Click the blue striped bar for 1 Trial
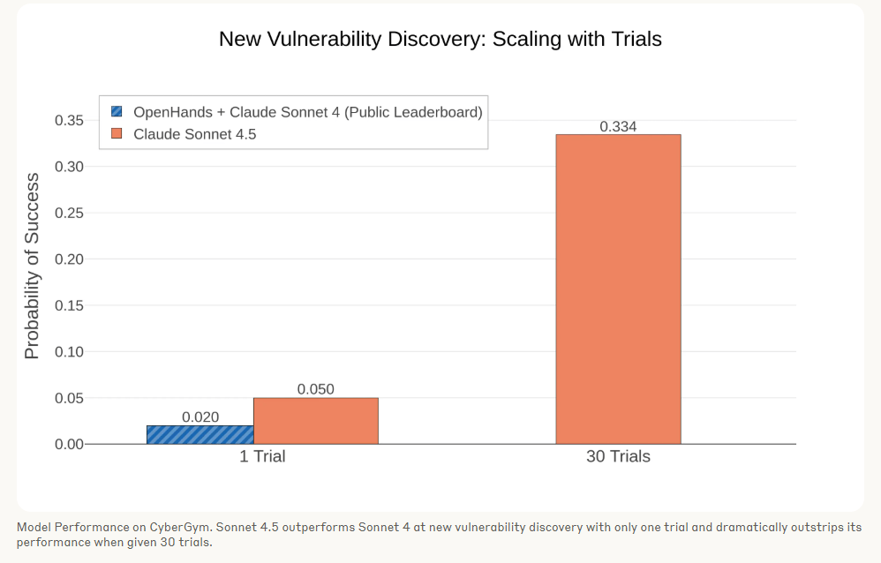[200, 434]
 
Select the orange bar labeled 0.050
[315, 421]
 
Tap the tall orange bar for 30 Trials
[618, 289]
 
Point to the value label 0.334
[618, 127]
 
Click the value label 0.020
[200, 417]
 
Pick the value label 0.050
[315, 389]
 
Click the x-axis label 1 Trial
[262, 457]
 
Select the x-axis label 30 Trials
[618, 457]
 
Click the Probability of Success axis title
[32, 266]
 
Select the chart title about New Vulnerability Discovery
[440, 39]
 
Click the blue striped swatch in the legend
[117, 112]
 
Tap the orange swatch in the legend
[117, 134]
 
